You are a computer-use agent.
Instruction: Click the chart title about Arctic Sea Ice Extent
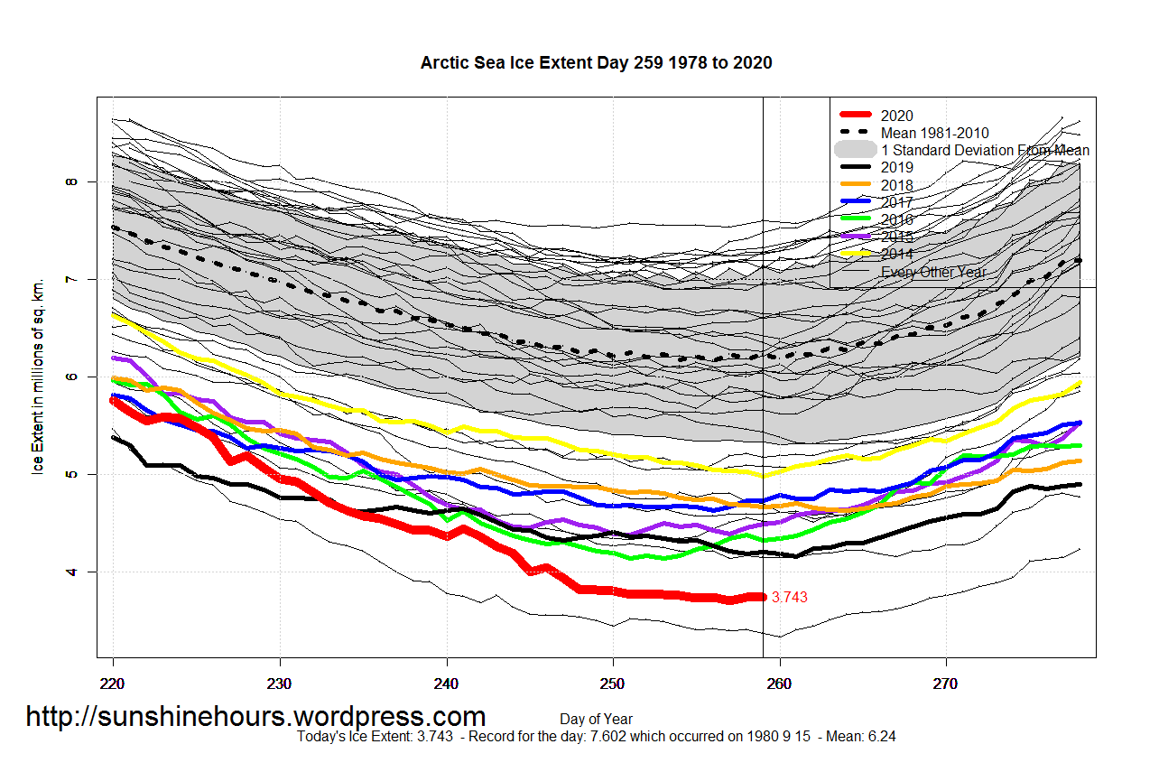[x=596, y=62]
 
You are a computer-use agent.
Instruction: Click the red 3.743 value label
[x=790, y=597]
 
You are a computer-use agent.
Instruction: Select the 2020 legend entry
[x=897, y=116]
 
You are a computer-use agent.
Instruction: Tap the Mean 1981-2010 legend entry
[x=935, y=133]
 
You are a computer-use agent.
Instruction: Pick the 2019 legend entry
[x=897, y=167]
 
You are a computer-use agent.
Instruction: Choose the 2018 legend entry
[x=897, y=185]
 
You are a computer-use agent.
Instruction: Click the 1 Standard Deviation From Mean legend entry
[x=985, y=150]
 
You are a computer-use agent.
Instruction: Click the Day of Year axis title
[x=596, y=720]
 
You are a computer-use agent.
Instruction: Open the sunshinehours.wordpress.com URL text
[x=255, y=717]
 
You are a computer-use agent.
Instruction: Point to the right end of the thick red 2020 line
[x=762, y=596]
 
